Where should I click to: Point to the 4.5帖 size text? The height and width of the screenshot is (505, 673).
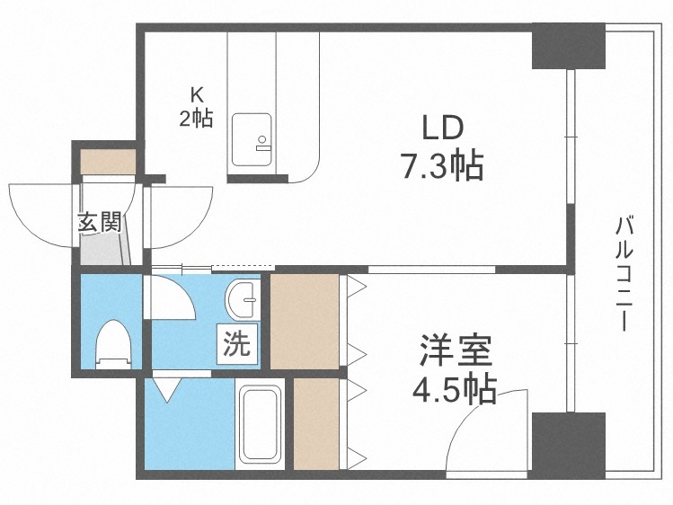point(454,389)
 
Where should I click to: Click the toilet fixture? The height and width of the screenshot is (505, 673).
point(114,342)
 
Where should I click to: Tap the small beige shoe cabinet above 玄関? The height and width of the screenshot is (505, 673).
point(108,161)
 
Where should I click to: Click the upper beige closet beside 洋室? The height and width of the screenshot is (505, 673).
point(304,321)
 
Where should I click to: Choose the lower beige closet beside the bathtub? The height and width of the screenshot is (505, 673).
point(315,423)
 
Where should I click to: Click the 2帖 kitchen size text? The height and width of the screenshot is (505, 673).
point(196,118)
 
